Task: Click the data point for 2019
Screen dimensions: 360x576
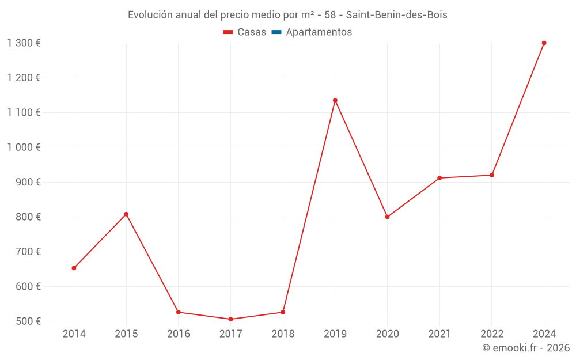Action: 335,100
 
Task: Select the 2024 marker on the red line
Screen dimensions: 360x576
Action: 544,43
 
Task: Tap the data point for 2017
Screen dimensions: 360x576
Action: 230,319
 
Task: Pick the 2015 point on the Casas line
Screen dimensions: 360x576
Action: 126,214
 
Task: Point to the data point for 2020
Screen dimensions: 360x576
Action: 387,217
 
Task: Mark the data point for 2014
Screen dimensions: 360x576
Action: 74,268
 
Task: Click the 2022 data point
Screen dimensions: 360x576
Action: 492,175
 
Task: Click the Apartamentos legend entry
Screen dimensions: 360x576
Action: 319,32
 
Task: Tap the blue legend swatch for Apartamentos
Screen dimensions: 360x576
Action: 276,32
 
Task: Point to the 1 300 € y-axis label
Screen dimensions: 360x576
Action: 24,43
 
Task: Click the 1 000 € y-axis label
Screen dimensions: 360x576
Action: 24,147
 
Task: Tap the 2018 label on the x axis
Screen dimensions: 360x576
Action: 283,334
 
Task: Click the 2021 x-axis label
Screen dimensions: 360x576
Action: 439,334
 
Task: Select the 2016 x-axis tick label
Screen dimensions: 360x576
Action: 179,334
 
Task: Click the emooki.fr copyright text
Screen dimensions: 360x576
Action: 526,348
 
